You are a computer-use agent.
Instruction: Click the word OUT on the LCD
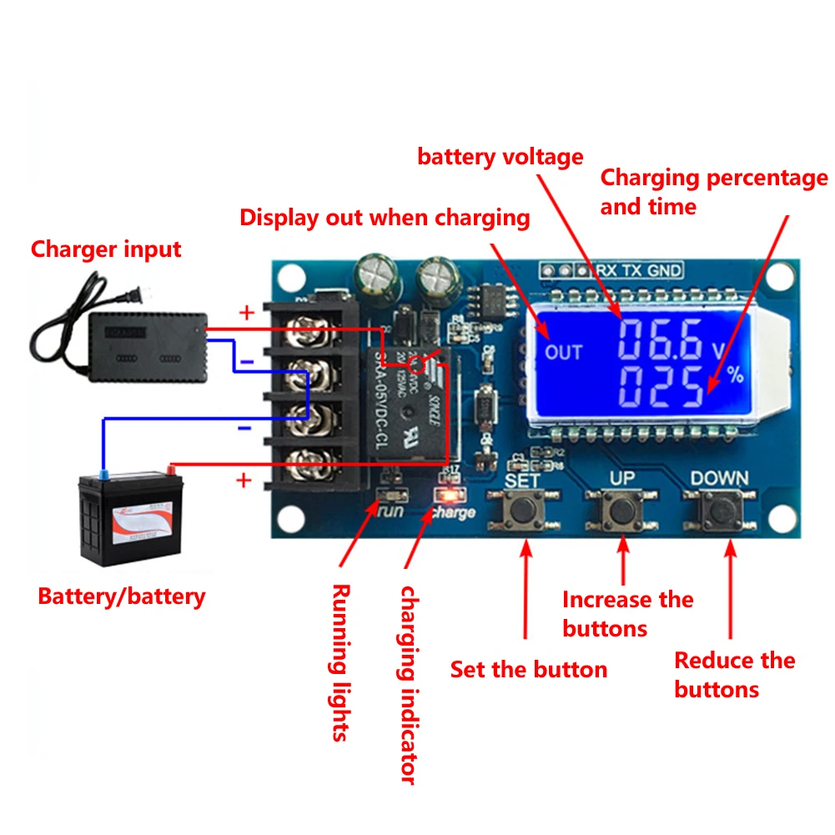(563, 352)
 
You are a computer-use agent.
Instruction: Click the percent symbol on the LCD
(734, 375)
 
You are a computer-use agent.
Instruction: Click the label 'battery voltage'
(500, 156)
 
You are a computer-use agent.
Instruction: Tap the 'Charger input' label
(106, 249)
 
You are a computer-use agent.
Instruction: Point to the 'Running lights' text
(340, 662)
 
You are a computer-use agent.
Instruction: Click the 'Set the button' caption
(529, 669)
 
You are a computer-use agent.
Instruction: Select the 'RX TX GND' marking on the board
(636, 270)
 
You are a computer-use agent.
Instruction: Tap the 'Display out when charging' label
(385, 218)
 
